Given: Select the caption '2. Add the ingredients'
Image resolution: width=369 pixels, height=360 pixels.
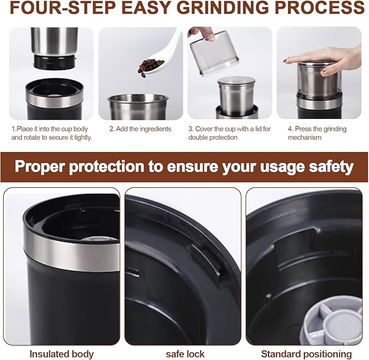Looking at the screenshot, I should pyautogui.click(x=140, y=129).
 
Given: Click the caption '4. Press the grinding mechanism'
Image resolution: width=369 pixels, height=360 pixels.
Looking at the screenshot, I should pyautogui.click(x=316, y=133).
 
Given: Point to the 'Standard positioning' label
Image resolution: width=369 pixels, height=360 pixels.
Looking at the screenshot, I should pyautogui.click(x=306, y=354).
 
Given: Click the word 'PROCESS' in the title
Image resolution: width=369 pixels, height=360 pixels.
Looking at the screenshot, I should pyautogui.click(x=322, y=9).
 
